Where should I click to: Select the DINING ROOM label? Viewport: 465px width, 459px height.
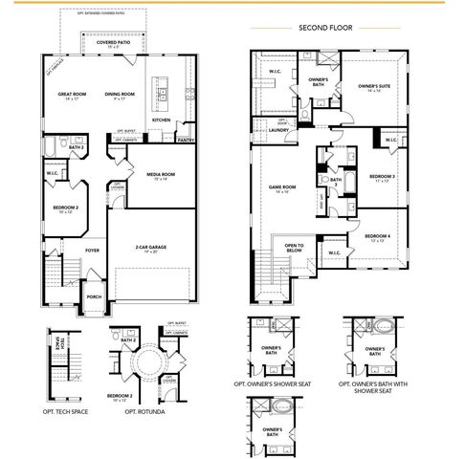tap(121, 94)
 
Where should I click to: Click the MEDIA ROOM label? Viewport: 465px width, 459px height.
tap(160, 175)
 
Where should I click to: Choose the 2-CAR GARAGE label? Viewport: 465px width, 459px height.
tap(151, 247)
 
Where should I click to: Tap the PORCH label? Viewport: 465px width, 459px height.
tap(95, 295)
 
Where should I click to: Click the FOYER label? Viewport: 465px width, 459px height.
tap(92, 251)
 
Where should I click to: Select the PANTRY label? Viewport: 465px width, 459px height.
tap(186, 141)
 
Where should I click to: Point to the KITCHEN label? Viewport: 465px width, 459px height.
tap(162, 120)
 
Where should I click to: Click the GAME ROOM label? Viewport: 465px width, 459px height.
tap(282, 187)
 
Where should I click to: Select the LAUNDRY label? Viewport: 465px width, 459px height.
tap(278, 130)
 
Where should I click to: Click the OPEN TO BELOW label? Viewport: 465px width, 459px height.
tap(294, 249)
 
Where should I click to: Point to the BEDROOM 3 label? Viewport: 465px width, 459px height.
tap(381, 177)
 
